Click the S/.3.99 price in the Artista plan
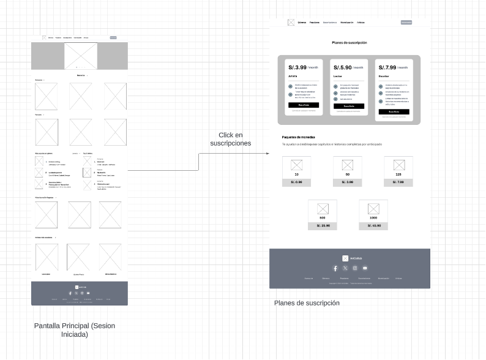(x=297, y=67)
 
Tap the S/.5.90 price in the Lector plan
(x=342, y=67)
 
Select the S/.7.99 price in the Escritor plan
(x=387, y=67)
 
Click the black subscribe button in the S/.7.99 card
(x=394, y=112)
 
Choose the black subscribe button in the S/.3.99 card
(x=304, y=105)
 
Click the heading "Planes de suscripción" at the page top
(x=350, y=43)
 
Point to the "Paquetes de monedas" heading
(x=298, y=137)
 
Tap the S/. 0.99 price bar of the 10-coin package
(x=297, y=182)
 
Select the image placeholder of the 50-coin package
(x=348, y=165)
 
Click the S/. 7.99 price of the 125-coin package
(x=399, y=182)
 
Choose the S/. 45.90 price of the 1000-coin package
(x=373, y=226)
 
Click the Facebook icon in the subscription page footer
(x=335, y=268)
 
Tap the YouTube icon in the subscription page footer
(x=365, y=268)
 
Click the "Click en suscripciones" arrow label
(x=230, y=139)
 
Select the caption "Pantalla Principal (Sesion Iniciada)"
(x=74, y=330)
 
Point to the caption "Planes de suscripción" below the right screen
(x=307, y=303)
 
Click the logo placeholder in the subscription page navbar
(x=291, y=23)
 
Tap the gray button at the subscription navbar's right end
(x=406, y=23)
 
